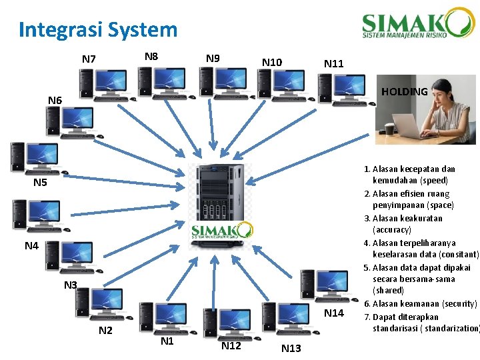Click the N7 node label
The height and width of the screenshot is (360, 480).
click(x=89, y=59)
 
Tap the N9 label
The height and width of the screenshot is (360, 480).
click(x=213, y=59)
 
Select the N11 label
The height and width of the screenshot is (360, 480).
click(x=333, y=63)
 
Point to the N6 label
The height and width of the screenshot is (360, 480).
click(x=55, y=101)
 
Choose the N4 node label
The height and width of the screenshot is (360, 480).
click(x=31, y=246)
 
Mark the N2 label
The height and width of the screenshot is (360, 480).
click(x=105, y=331)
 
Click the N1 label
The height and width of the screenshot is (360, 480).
click(x=167, y=341)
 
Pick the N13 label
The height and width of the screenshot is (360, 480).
click(x=291, y=348)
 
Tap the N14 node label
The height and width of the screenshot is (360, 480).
click(x=333, y=313)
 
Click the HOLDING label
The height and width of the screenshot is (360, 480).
click(x=404, y=91)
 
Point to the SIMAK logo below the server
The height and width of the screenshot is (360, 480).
click(x=222, y=231)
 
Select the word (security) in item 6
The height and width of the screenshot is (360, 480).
click(x=459, y=303)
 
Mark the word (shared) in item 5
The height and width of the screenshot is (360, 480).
click(x=388, y=291)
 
